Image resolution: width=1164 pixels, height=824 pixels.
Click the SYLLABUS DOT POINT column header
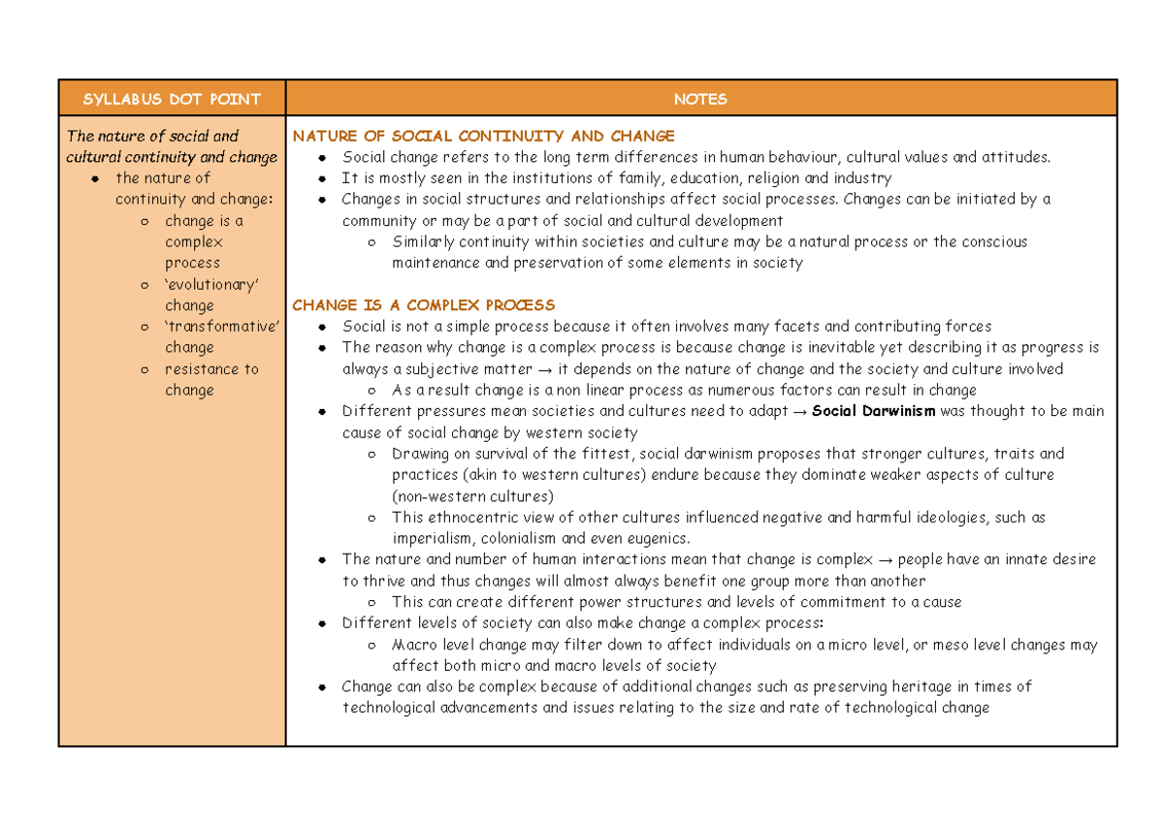[x=172, y=99]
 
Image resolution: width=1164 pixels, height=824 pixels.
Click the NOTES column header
[x=700, y=99]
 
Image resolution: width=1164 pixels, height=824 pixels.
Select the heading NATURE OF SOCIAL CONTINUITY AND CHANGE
[x=483, y=136]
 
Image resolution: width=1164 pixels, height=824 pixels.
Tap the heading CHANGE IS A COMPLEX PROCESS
[x=423, y=305]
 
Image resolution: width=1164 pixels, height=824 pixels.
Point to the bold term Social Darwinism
[x=874, y=411]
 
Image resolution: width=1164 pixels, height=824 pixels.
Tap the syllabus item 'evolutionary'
[x=211, y=284]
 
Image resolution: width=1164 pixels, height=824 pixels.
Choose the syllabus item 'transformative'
[x=222, y=327]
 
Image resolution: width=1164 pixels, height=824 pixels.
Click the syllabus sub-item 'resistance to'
[x=211, y=369]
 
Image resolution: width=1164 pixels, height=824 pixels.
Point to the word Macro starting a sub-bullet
[x=413, y=645]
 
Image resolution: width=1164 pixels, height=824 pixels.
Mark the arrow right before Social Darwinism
[x=798, y=411]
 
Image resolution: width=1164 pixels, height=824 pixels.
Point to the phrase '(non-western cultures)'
[x=472, y=496]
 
